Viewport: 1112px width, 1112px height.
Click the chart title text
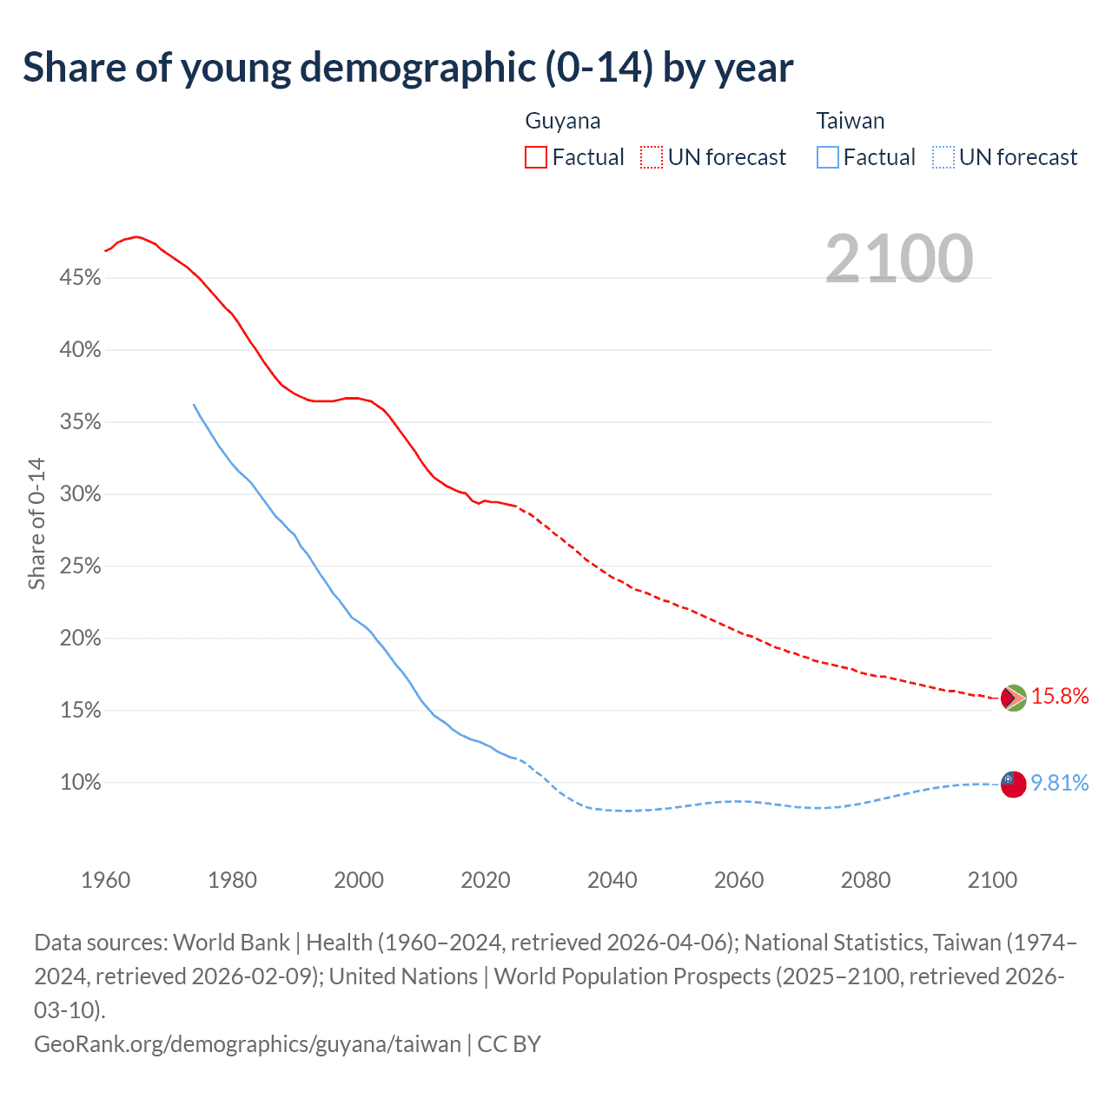[407, 68]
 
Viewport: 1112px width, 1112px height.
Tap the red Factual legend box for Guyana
[536, 157]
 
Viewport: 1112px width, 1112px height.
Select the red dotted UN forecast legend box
[652, 157]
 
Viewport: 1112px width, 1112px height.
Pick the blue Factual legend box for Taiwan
[828, 157]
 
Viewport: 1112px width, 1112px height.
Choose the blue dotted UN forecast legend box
[943, 157]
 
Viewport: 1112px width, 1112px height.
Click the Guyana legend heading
[563, 121]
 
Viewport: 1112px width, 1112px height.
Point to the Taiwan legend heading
[851, 121]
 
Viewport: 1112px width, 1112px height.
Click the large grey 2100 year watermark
[899, 259]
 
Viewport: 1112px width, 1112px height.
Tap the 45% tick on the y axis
[80, 278]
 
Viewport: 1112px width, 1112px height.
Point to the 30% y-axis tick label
[80, 494]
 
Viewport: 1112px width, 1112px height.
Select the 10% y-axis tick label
[80, 783]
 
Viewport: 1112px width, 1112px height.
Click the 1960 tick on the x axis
[106, 880]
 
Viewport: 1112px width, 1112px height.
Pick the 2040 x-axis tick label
[612, 880]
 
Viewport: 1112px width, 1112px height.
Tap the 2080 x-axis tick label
[865, 880]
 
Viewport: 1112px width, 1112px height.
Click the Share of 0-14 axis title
[36, 524]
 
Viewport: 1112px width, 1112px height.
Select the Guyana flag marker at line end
[1014, 698]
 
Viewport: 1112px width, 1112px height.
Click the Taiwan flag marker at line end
[1014, 784]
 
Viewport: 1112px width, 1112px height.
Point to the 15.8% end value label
[1060, 696]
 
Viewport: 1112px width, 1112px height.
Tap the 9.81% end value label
[1060, 783]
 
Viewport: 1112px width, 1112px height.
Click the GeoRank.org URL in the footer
[248, 1043]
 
